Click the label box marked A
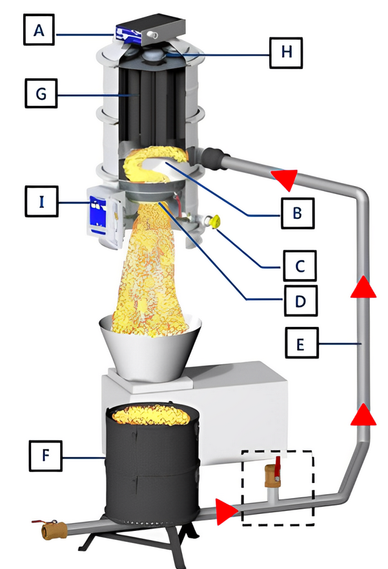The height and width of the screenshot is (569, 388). click(39, 30)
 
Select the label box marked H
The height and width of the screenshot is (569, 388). click(286, 52)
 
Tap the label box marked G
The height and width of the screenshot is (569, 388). click(41, 94)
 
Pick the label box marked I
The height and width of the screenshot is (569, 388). click(41, 202)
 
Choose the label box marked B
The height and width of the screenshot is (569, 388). click(298, 213)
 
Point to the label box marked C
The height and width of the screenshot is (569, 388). click(300, 265)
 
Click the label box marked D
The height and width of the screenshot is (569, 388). click(301, 300)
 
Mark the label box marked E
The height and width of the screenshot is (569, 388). click(301, 343)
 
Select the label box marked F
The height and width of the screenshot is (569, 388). click(45, 456)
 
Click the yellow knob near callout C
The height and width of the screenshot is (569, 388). click(214, 221)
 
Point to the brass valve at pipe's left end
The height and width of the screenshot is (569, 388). click(52, 531)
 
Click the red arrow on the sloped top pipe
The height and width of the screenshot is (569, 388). click(285, 178)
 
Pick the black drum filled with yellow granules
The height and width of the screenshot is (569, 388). click(152, 462)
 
